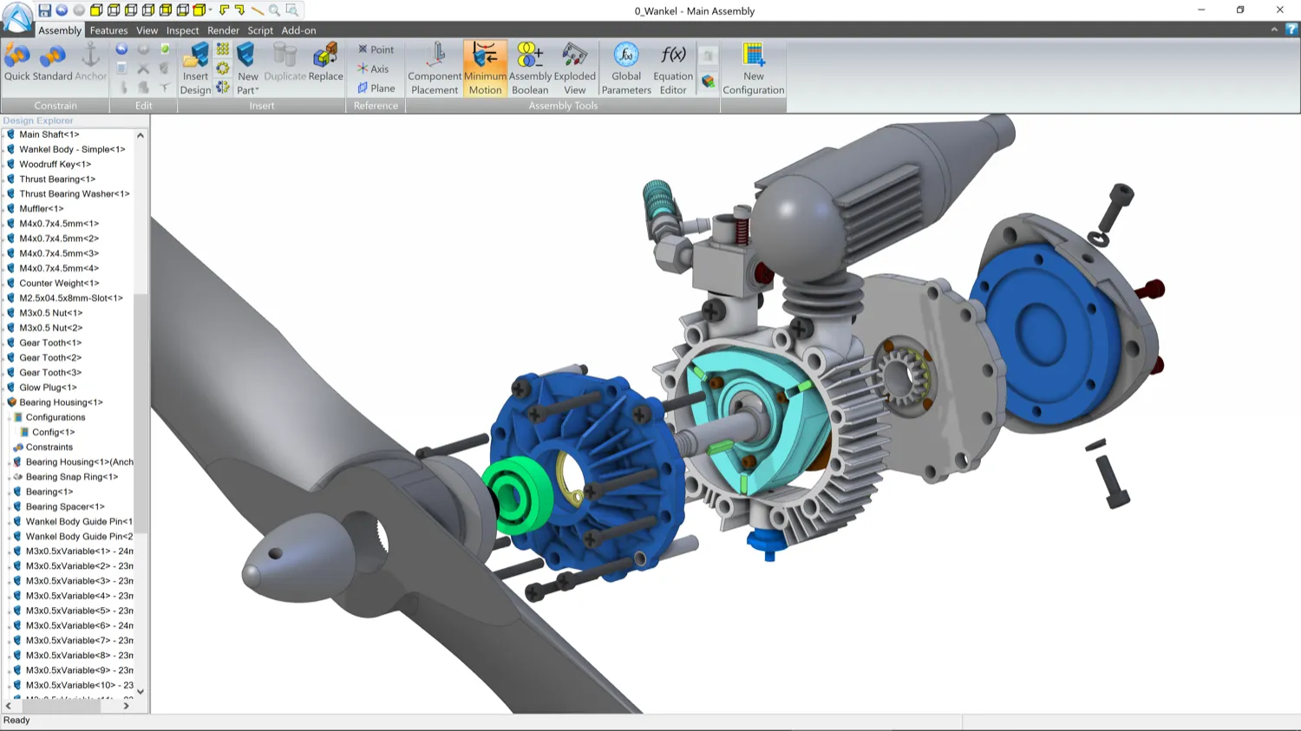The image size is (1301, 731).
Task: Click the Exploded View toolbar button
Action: pyautogui.click(x=574, y=68)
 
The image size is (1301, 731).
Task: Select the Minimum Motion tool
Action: pyautogui.click(x=485, y=68)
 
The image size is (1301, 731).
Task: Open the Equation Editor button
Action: pyautogui.click(x=673, y=68)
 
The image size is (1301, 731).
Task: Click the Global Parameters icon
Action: pyautogui.click(x=626, y=68)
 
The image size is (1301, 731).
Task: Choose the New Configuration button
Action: pyautogui.click(x=753, y=68)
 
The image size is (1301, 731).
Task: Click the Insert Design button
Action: pyautogui.click(x=196, y=68)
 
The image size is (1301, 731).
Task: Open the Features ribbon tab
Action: pyautogui.click(x=108, y=30)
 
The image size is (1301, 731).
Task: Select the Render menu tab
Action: pyautogui.click(x=223, y=30)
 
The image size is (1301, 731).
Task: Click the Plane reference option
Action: pyautogui.click(x=376, y=88)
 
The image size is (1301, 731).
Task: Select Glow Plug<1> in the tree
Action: pyautogui.click(x=48, y=388)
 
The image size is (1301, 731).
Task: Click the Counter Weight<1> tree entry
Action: pyautogui.click(x=59, y=283)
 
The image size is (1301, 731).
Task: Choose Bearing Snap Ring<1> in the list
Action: pyautogui.click(x=71, y=477)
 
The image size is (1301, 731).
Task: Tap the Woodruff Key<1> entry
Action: pyautogui.click(x=55, y=164)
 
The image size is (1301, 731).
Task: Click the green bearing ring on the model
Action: pyautogui.click(x=516, y=497)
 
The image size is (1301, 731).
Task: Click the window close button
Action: pyautogui.click(x=1279, y=10)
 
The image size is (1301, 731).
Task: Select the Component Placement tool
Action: pyautogui.click(x=435, y=68)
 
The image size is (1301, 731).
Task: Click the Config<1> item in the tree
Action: pyautogui.click(x=53, y=432)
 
